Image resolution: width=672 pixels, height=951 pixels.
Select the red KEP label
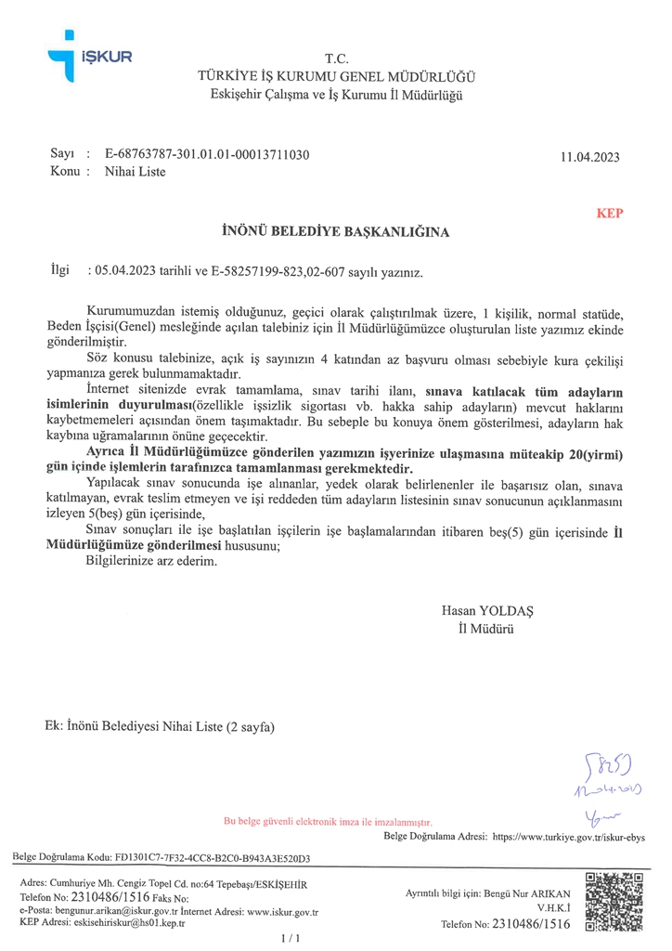[610, 213]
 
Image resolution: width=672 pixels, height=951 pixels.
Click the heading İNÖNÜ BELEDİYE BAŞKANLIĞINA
[336, 232]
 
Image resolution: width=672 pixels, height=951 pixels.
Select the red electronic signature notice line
[328, 821]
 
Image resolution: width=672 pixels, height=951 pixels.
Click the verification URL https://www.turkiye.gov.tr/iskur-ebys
[568, 836]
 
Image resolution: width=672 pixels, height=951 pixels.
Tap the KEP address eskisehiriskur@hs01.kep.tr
[131, 925]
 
